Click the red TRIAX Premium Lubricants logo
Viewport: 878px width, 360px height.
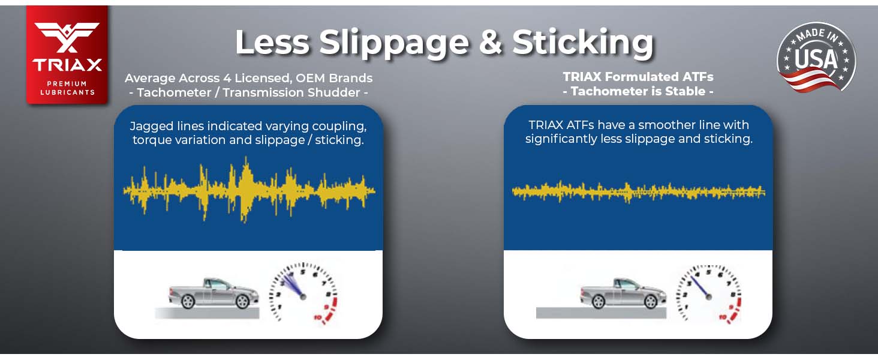tap(67, 55)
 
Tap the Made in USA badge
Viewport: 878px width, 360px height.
tap(816, 58)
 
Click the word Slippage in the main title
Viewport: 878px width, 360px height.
tap(394, 43)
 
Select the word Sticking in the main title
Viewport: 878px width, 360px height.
tap(583, 43)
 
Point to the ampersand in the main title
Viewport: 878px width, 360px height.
tap(491, 42)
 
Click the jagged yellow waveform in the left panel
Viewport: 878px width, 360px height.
tap(249, 190)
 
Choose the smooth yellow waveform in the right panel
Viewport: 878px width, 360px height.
tap(639, 192)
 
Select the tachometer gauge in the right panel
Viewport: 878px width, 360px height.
tap(708, 294)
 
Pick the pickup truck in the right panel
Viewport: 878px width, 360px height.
tap(624, 293)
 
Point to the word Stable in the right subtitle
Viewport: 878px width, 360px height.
tap(685, 91)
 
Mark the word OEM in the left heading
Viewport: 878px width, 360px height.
tap(310, 78)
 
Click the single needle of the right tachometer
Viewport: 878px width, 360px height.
tap(699, 287)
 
